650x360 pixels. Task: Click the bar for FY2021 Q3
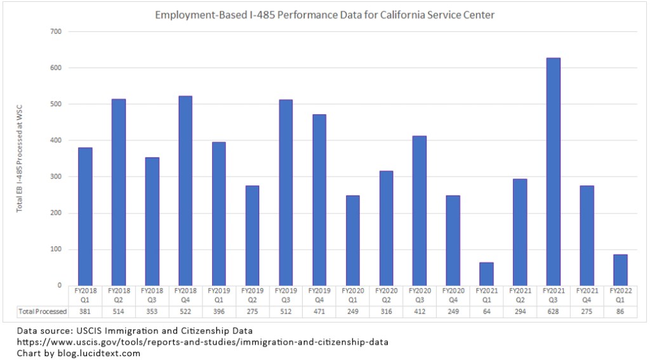pos(553,171)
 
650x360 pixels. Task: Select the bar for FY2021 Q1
pos(486,274)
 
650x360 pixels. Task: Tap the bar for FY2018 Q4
pos(185,190)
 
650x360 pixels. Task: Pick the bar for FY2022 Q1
pos(620,270)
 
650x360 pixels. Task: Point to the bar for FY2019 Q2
pos(252,235)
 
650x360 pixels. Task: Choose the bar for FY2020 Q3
pos(419,210)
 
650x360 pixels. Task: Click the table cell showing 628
pos(553,312)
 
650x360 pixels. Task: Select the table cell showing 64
pos(486,312)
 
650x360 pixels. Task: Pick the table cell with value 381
pos(85,312)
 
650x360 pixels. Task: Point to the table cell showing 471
pos(319,312)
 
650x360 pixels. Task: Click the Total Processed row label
pos(43,312)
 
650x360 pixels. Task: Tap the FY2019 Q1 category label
pos(218,295)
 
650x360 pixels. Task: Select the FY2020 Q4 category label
pos(453,295)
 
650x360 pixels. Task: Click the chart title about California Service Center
pos(326,15)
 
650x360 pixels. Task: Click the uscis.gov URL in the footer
pos(202,342)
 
